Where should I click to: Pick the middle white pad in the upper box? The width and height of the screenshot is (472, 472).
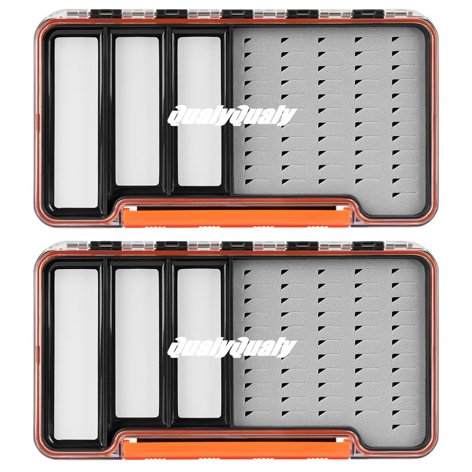(x=137, y=111)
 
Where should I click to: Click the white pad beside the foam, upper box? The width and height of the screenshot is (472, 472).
(x=199, y=111)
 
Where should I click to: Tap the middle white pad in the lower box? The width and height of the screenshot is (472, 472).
(x=137, y=343)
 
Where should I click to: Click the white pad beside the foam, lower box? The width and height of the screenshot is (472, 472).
(x=199, y=343)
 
